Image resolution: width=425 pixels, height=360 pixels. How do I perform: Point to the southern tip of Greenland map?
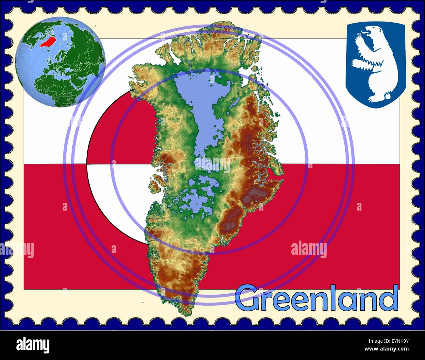186,312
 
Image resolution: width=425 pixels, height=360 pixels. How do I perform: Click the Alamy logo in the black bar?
33,345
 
